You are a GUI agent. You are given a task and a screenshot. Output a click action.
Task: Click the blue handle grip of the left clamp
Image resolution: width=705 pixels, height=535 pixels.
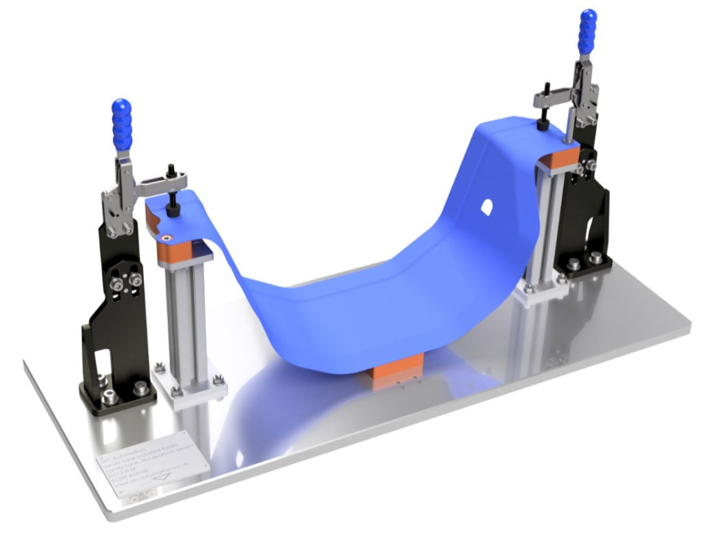coord(122,125)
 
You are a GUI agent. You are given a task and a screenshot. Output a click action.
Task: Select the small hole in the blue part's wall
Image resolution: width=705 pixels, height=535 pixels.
coord(485,206)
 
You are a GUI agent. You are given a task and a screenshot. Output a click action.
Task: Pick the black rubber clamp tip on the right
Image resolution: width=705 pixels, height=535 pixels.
coord(543,125)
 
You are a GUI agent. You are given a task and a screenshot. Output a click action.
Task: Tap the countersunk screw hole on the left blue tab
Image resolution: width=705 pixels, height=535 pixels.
coord(165,235)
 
